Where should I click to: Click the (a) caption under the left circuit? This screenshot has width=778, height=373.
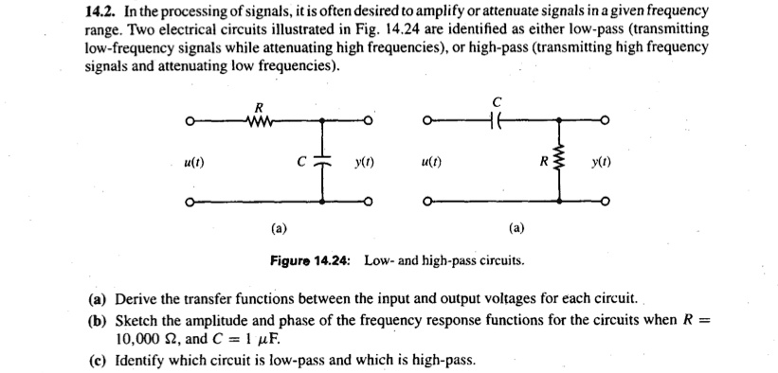[280, 228]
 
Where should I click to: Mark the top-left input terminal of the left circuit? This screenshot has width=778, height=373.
[190, 121]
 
